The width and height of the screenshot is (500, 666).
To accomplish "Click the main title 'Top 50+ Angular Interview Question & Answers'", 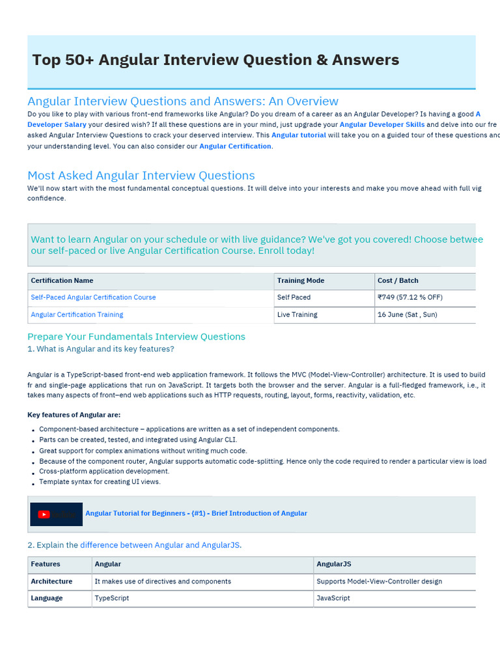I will (215, 60).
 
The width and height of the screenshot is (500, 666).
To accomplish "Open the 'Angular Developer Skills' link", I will (382, 124).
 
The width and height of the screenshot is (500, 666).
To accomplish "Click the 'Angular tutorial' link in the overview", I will (299, 135).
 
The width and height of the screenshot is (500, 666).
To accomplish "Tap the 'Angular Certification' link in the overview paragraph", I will (235, 146).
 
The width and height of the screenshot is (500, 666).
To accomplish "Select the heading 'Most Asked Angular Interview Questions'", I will (141, 176).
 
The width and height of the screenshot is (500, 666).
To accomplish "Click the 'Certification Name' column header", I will (62, 280).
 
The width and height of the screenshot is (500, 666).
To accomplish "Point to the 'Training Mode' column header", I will (300, 280).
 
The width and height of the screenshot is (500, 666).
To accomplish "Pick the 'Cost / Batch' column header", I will (398, 280).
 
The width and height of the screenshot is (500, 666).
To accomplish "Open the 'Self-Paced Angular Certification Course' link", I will (93, 297).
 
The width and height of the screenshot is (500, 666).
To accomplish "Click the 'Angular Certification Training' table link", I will (77, 315).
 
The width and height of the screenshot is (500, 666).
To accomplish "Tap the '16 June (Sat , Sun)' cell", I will (407, 315).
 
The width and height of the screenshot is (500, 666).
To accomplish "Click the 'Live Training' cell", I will (297, 315).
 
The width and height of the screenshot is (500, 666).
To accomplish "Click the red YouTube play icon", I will (44, 514).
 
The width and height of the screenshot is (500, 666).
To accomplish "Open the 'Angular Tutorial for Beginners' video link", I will (196, 513).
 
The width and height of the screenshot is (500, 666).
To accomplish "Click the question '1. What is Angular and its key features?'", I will (100, 349).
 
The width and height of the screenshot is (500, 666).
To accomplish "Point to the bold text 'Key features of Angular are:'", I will (74, 415).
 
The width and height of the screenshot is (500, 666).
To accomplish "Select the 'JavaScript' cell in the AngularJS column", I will (333, 598).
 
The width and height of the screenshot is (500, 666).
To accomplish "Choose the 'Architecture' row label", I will (51, 581).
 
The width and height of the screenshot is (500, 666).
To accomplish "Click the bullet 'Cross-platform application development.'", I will (104, 472).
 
